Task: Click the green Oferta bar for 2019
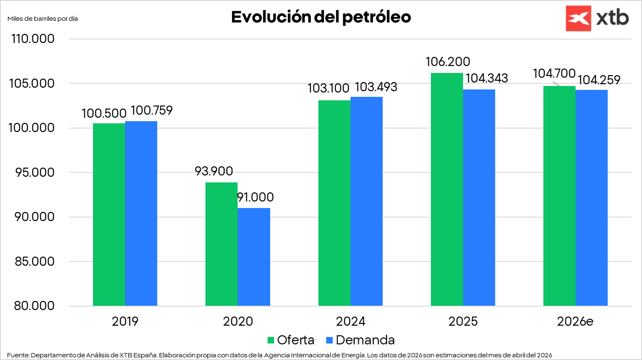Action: click(109, 215)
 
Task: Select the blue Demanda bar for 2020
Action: click(254, 257)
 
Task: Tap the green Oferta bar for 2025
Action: click(447, 189)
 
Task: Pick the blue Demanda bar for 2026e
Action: click(591, 198)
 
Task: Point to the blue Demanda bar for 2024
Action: click(366, 201)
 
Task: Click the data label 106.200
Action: click(447, 62)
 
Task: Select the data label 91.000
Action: click(255, 197)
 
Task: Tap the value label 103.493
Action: click(376, 87)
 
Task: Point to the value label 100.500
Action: click(104, 113)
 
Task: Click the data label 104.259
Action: click(599, 80)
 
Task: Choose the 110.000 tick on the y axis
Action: click(33, 39)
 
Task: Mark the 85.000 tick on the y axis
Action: click(34, 261)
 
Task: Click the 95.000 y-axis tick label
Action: click(34, 172)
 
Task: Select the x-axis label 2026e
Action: click(575, 321)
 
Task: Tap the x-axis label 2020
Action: click(238, 321)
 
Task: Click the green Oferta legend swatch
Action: click(271, 340)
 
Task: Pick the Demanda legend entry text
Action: click(365, 340)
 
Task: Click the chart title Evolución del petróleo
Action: click(321, 17)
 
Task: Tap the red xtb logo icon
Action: click(578, 18)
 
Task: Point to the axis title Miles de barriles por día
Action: click(43, 19)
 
